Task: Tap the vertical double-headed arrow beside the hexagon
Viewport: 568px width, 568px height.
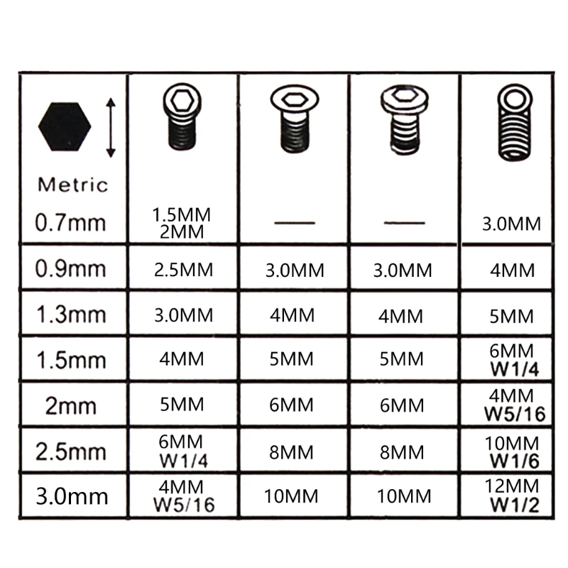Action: pyautogui.click(x=110, y=128)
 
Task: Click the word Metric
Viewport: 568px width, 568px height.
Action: pyautogui.click(x=73, y=185)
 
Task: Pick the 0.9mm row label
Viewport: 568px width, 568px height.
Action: pyautogui.click(x=70, y=269)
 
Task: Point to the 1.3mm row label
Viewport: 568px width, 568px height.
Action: pyautogui.click(x=70, y=314)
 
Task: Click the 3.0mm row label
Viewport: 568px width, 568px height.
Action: pyautogui.click(x=70, y=496)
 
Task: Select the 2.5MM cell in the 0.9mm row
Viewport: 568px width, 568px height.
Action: pyautogui.click(x=182, y=270)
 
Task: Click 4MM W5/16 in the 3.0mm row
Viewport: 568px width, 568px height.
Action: pyautogui.click(x=182, y=496)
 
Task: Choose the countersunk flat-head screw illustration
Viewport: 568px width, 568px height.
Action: pyautogui.click(x=293, y=120)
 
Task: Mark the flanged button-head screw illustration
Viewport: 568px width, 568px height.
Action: pyautogui.click(x=403, y=120)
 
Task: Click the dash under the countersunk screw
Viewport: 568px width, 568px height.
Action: pyautogui.click(x=294, y=224)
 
